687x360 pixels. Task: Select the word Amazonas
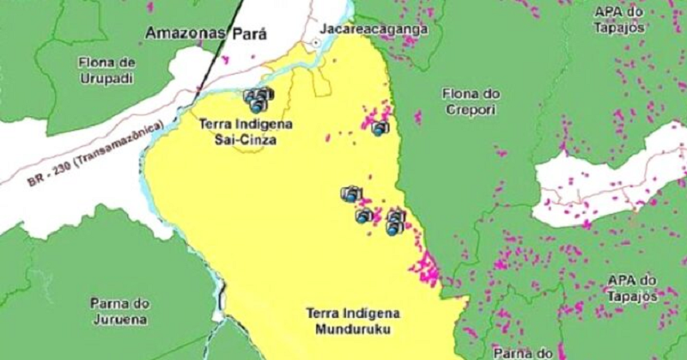pos(185,34)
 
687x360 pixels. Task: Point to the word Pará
pos(248,34)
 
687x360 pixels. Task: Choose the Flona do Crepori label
pos(471,101)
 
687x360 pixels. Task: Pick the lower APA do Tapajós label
pos(632,288)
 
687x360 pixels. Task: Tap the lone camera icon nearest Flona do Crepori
pos(380,129)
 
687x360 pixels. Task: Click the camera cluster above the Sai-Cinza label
pos(258,100)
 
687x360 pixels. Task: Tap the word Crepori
pos(471,108)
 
